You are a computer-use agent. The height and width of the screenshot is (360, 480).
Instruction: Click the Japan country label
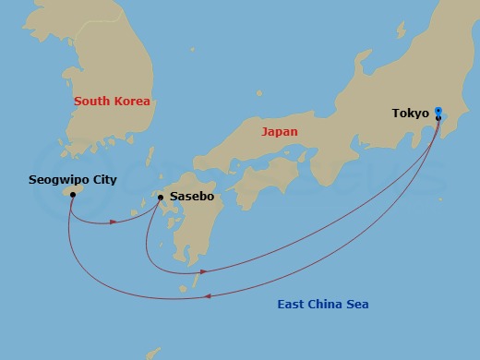pyautogui.click(x=280, y=132)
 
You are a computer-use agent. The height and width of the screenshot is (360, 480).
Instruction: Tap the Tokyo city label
pyautogui.click(x=410, y=114)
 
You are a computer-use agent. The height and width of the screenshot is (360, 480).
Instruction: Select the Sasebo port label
pyautogui.click(x=190, y=198)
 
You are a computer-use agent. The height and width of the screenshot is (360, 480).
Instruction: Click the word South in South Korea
pyautogui.click(x=92, y=101)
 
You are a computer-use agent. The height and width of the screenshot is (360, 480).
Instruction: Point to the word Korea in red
pyautogui.click(x=132, y=101)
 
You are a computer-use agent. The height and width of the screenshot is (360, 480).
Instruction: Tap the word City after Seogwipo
pyautogui.click(x=103, y=180)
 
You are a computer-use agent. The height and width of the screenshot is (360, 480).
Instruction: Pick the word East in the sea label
pyautogui.click(x=293, y=305)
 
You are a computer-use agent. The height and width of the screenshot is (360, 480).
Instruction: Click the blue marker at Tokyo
pyautogui.click(x=438, y=111)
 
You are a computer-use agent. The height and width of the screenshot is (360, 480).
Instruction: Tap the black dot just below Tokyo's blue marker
pyautogui.click(x=438, y=118)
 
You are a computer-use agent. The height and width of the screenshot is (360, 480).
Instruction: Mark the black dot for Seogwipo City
pyautogui.click(x=72, y=195)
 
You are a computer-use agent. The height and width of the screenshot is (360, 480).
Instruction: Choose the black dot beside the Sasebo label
pyautogui.click(x=161, y=198)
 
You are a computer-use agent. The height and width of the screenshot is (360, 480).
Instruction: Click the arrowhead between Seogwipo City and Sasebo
pyautogui.click(x=113, y=222)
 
